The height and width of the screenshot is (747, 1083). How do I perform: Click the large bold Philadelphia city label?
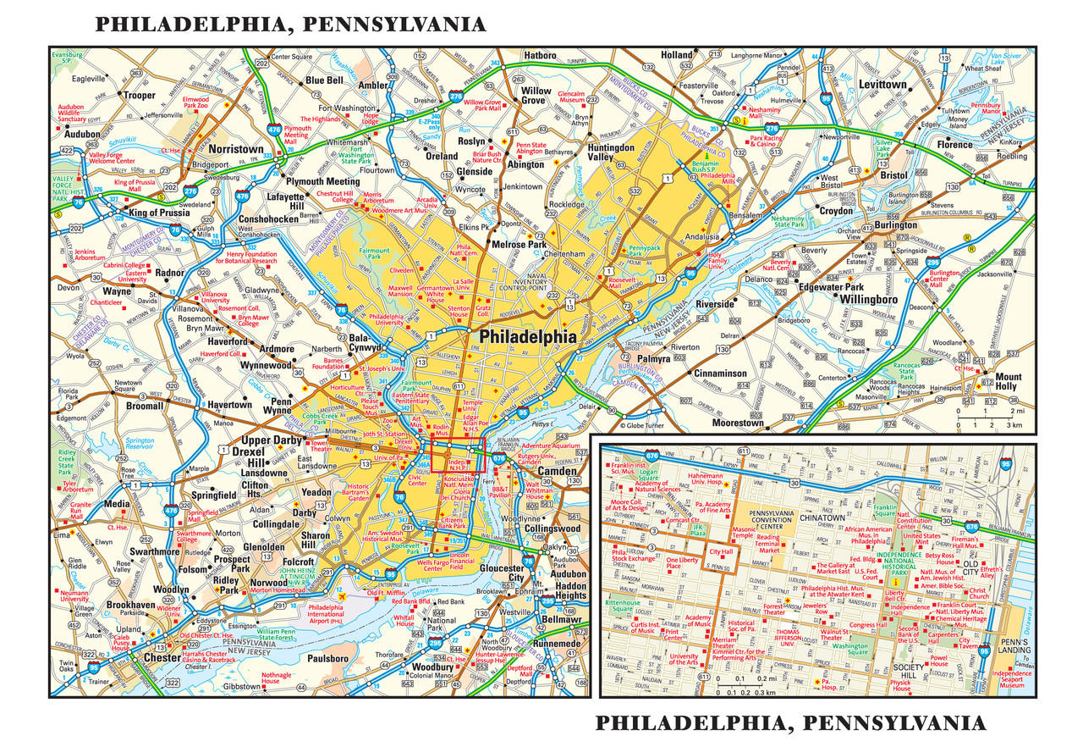pos(528,337)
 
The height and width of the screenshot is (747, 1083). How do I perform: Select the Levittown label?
pos(883,85)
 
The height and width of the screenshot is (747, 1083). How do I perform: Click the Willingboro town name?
pos(869,299)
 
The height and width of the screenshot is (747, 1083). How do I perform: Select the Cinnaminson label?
pos(721,373)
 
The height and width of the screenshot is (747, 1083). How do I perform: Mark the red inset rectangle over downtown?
pos(457,455)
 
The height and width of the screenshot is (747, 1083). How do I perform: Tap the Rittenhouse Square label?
pos(624,606)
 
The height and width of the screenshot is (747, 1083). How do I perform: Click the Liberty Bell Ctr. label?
pos(894,598)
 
